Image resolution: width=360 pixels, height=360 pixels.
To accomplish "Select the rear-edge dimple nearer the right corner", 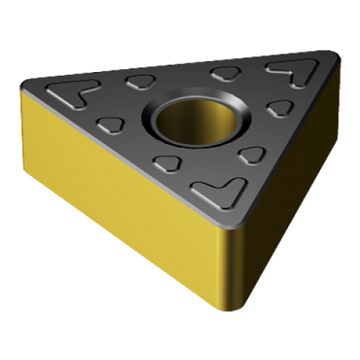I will pos(222,72).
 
